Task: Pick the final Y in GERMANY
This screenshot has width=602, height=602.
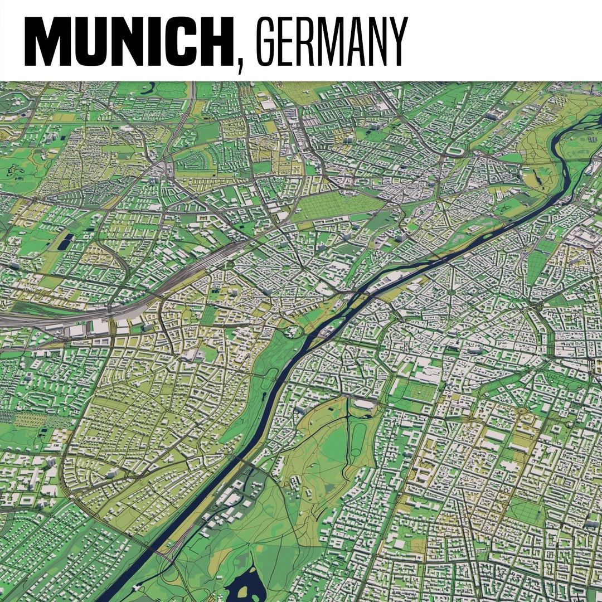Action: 396,42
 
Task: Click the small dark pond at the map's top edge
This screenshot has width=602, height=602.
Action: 151,86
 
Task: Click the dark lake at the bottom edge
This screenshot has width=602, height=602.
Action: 245,582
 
